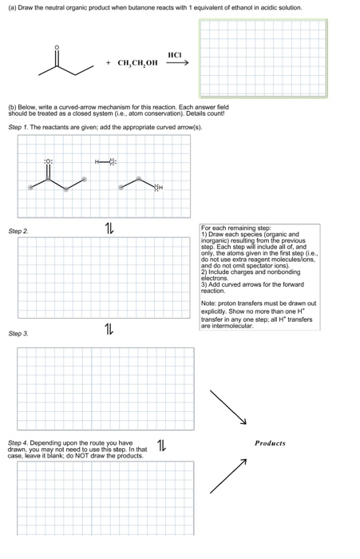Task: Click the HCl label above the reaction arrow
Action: pyautogui.click(x=175, y=54)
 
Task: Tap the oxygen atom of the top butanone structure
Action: pyautogui.click(x=56, y=47)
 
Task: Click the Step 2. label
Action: pyautogui.click(x=18, y=231)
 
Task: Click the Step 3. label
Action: pyautogui.click(x=18, y=334)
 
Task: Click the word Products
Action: pyautogui.click(x=270, y=442)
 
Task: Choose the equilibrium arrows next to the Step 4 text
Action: pyautogui.click(x=162, y=444)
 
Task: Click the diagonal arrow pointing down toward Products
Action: pyautogui.click(x=229, y=407)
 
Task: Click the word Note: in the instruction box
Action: pyautogui.click(x=210, y=303)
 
